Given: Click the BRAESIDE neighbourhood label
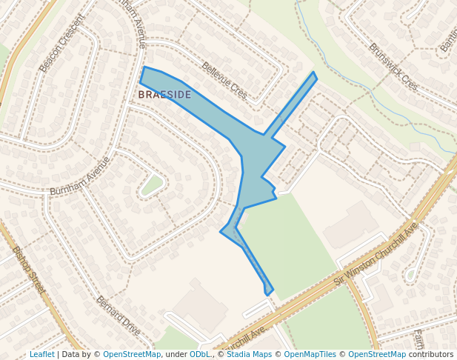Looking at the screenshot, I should [164, 95].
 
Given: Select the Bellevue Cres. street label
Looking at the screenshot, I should [224, 81].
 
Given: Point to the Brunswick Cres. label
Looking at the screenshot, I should [393, 67].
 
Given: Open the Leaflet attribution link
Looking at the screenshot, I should [41, 355].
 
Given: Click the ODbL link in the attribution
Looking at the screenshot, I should [199, 355].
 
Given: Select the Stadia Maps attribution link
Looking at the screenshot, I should [248, 355].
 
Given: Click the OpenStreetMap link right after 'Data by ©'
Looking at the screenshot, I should [132, 355].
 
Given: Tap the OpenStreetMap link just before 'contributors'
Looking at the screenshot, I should [377, 355].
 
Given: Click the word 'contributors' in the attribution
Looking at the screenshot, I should [431, 355].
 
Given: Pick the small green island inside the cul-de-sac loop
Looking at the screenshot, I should [152, 184].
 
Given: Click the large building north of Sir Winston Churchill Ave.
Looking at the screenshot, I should [350, 224].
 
